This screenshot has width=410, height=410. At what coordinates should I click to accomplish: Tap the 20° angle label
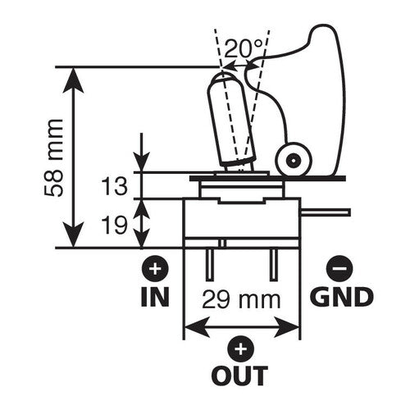coord(243,48)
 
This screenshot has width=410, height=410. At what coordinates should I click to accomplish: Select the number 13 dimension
coord(116,187)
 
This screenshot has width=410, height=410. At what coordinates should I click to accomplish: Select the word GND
coord(341,296)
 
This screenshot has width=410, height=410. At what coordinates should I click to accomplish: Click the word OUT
coord(240,376)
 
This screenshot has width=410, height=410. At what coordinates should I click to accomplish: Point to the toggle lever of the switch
coord(230,115)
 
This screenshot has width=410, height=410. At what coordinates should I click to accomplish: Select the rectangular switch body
coord(241,221)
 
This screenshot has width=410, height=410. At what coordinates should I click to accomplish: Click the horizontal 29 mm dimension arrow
coord(240,327)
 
